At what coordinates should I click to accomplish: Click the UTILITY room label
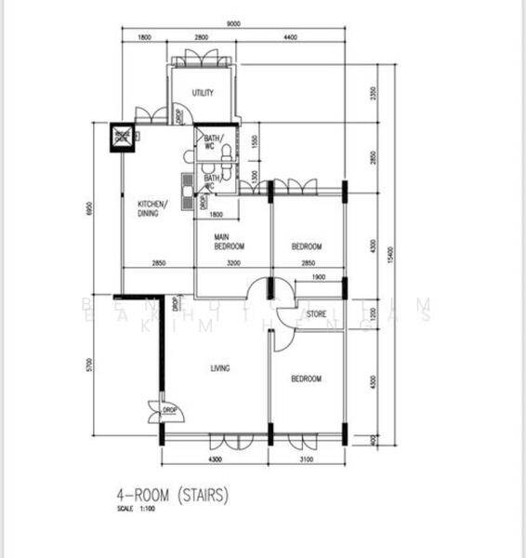coord(203,93)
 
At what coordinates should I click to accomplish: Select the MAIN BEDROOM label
coord(229,243)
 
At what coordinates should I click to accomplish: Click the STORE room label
coord(317,314)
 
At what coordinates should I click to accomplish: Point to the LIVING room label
coord(220,369)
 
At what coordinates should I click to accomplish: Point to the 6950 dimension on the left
coord(90,210)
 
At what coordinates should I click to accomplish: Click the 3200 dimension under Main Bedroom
coord(232,264)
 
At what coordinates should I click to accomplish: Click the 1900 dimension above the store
coord(318,277)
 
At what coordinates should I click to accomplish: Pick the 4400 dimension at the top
coord(289,36)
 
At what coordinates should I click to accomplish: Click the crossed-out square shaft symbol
coord(122,136)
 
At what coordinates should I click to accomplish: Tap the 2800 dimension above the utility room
coord(201,36)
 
